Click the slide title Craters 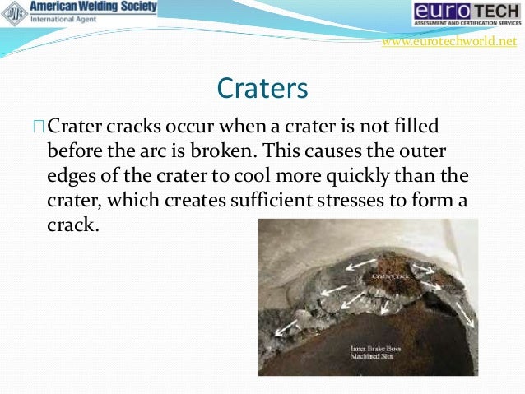point(262,88)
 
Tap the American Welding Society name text point(104,7)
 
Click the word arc point(182,152)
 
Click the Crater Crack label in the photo point(391,277)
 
